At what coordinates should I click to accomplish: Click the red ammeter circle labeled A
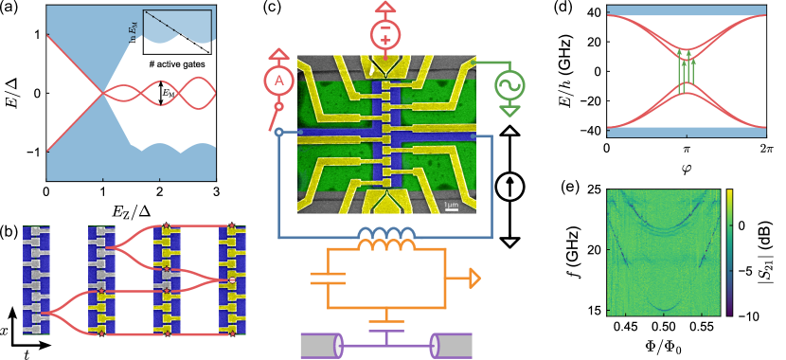click(278, 81)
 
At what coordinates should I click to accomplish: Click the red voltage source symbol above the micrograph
click(385, 36)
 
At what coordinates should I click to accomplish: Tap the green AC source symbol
click(509, 86)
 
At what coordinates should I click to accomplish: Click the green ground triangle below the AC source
click(510, 111)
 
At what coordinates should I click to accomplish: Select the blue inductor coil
click(386, 233)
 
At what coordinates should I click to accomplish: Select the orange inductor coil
click(386, 245)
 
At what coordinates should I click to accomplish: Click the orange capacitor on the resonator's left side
click(328, 278)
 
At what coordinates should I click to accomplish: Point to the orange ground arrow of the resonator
click(473, 279)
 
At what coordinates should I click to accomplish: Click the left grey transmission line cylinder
click(321, 345)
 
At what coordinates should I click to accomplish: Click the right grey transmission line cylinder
click(451, 345)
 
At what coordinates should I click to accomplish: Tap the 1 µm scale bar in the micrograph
click(452, 207)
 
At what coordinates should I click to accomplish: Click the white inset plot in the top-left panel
click(177, 31)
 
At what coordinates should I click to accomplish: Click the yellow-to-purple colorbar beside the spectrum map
click(728, 252)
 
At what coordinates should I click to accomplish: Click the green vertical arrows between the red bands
click(687, 71)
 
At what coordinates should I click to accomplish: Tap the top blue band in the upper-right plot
click(687, 10)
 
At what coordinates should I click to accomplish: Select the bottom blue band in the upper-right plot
click(687, 133)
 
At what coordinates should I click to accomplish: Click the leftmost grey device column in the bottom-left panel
click(36, 279)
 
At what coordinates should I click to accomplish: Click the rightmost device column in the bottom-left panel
click(233, 279)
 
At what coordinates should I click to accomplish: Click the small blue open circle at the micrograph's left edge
click(278, 133)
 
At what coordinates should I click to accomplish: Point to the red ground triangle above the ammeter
click(278, 55)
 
